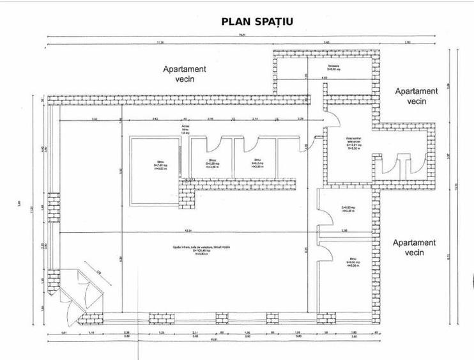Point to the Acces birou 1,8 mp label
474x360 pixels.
(186, 130)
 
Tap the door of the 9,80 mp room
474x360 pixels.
(326, 215)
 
